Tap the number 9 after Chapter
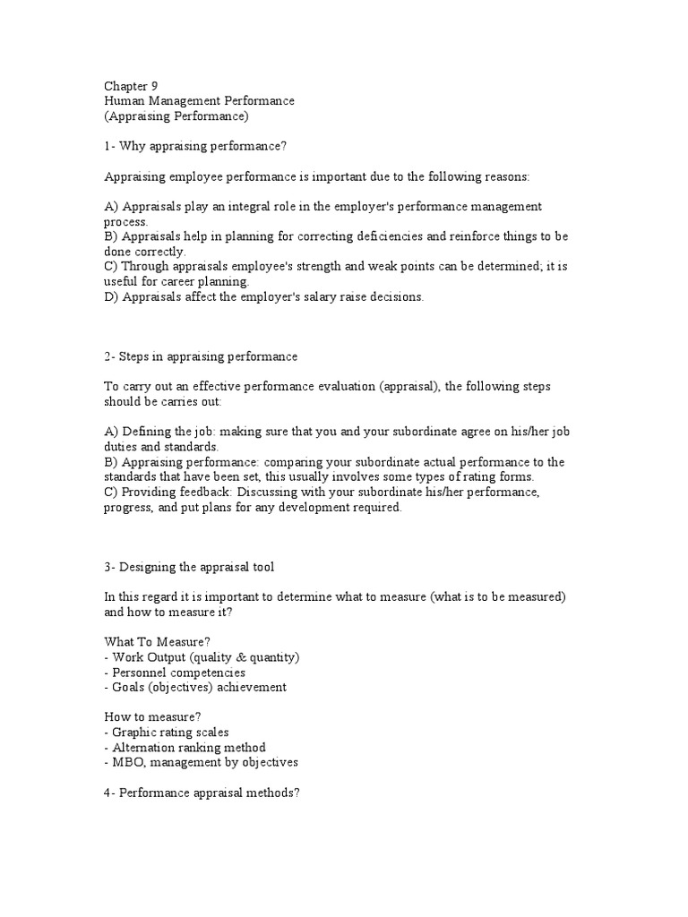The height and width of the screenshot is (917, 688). tap(154, 86)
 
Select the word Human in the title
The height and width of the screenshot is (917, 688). tap(125, 101)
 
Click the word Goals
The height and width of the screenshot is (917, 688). tap(130, 687)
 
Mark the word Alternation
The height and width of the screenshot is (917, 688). tap(147, 747)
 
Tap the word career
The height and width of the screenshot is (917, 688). tap(168, 282)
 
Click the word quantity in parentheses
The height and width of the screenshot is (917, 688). tap(271, 657)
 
